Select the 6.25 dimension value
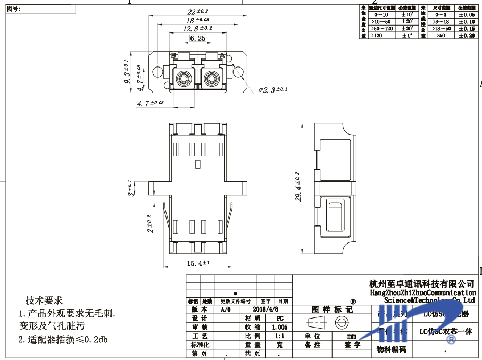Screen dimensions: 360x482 click(x=197, y=38)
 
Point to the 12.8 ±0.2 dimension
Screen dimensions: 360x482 click(x=197, y=28)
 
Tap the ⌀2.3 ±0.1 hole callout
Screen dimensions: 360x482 click(x=272, y=90)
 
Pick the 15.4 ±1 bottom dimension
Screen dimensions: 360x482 click(x=198, y=263)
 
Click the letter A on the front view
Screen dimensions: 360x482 click(x=222, y=56)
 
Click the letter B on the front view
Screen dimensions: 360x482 click(x=173, y=56)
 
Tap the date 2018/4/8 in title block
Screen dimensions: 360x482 click(x=266, y=309)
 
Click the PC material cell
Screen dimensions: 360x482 click(x=280, y=318)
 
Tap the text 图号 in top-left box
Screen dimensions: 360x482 click(x=13, y=9)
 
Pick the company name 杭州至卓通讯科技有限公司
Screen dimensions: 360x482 click(x=421, y=284)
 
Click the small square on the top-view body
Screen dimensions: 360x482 click(x=197, y=164)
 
